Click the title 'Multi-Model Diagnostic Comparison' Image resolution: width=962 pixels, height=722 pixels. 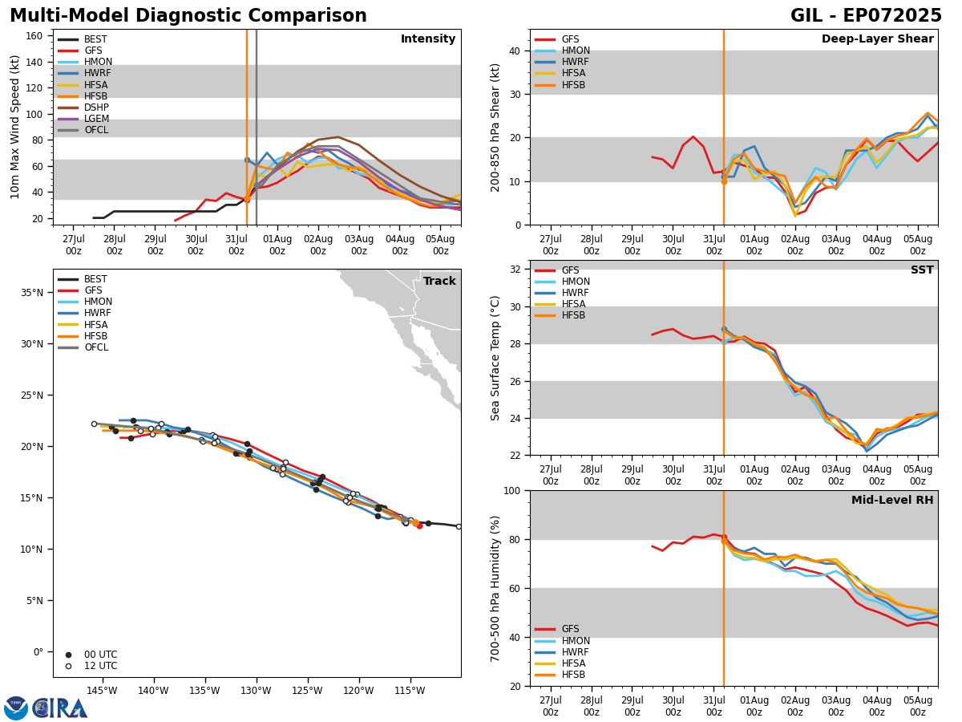tap(188, 16)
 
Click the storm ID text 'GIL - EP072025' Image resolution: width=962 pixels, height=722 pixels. tap(866, 16)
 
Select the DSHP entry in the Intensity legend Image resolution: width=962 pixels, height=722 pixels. tap(96, 107)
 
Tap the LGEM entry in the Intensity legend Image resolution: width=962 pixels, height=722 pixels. tap(96, 119)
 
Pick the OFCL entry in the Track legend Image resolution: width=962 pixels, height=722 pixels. tap(96, 347)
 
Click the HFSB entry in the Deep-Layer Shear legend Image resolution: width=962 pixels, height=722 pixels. tap(573, 85)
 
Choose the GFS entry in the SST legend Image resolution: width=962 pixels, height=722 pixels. tap(570, 270)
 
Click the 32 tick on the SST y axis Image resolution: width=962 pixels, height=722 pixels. tap(517, 270)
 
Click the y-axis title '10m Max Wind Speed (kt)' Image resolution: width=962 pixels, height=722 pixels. tap(15, 127)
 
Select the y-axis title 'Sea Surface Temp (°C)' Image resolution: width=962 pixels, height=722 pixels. tap(496, 358)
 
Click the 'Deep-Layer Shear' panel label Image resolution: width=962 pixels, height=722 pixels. tap(877, 39)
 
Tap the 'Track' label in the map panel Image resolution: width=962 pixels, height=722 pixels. tap(439, 282)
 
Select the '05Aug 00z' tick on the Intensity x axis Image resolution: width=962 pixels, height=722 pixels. tap(440, 245)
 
